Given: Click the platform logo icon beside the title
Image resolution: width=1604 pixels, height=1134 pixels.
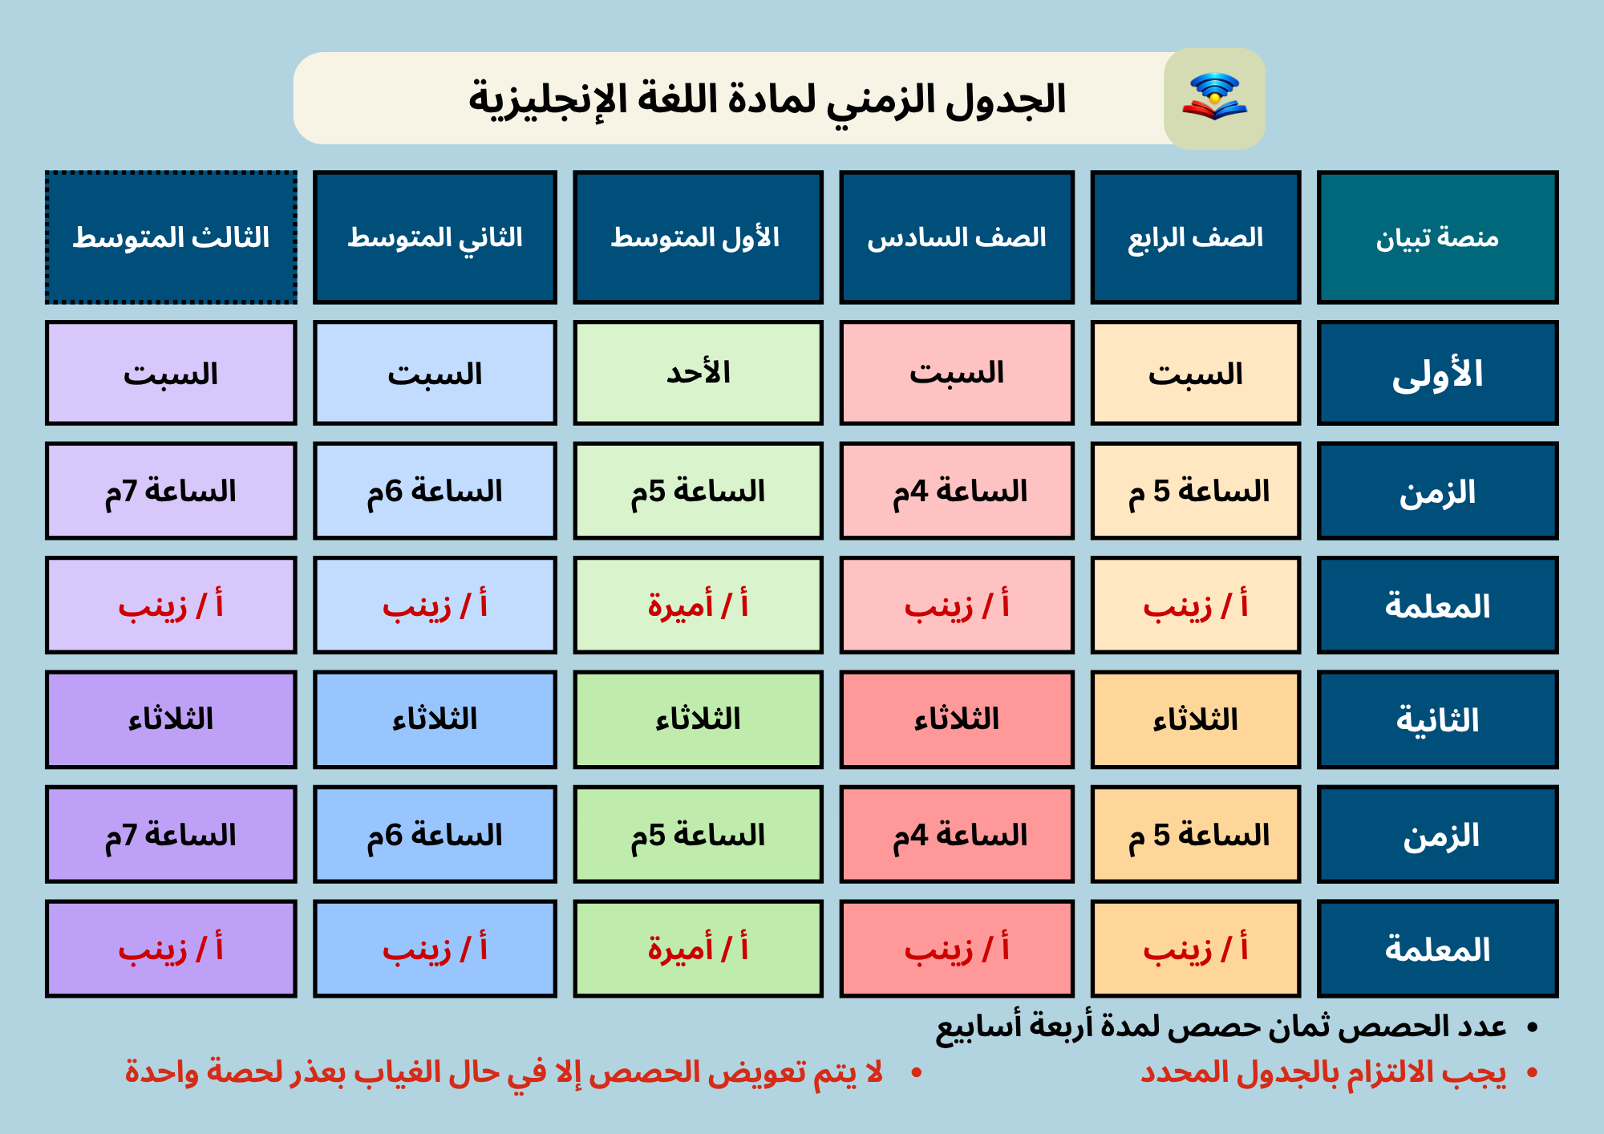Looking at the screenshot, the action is coord(1214,98).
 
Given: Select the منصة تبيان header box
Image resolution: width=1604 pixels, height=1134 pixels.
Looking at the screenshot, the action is coord(1437,237).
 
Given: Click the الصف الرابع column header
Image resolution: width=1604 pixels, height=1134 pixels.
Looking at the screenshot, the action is coord(1195,237).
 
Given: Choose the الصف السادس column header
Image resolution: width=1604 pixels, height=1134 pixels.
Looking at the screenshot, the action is coord(957,237).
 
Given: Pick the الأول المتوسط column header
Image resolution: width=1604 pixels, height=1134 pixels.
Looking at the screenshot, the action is coord(698,237).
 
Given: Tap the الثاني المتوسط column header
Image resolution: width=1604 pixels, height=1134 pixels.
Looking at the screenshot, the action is coord(435,237).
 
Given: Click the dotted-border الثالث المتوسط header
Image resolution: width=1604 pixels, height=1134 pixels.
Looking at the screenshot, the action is coord(171,237).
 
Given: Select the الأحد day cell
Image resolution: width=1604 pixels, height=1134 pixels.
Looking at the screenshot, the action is coord(698,373).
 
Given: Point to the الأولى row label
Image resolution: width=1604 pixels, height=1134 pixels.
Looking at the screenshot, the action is coord(1437,373).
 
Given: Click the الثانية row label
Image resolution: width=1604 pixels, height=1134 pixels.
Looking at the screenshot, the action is coord(1437,719).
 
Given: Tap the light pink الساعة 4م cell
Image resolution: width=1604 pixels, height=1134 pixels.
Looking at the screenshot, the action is coord(957,491).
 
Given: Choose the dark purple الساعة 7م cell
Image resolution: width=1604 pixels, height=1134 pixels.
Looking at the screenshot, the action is coord(171,834).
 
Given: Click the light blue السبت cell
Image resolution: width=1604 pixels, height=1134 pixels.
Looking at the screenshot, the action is coord(435,373).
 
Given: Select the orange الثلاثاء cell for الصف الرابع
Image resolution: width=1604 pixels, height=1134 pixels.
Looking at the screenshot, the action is coord(1195,719).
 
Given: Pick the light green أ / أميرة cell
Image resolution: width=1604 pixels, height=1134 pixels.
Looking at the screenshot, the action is coord(698,605).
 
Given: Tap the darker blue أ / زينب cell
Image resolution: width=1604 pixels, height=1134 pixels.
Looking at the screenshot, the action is coord(435,949).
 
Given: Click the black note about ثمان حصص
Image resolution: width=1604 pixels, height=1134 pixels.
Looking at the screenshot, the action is coord(1236,1027).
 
